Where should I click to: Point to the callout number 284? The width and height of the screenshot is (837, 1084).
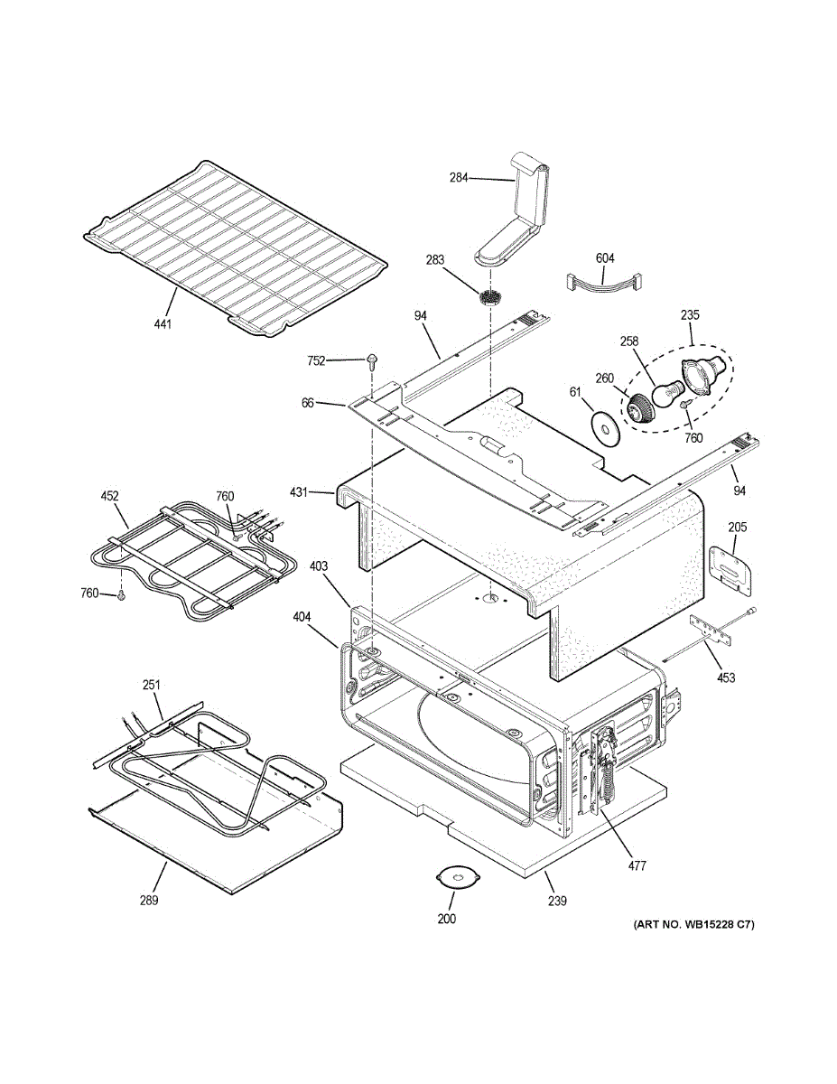pyautogui.click(x=459, y=178)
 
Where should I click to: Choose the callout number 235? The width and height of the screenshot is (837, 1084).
pyautogui.click(x=690, y=316)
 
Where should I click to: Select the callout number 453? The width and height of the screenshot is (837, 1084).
pyautogui.click(x=726, y=677)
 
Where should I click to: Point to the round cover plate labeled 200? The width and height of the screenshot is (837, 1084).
pyautogui.click(x=460, y=877)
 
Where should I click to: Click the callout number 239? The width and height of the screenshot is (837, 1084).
pyautogui.click(x=557, y=900)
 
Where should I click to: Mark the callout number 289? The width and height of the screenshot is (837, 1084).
pyautogui.click(x=149, y=900)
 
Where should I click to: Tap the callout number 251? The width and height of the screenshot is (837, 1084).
pyautogui.click(x=151, y=686)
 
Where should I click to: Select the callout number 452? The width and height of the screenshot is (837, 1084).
pyautogui.click(x=109, y=496)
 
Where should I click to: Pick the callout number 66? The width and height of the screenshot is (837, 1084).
pyautogui.click(x=308, y=403)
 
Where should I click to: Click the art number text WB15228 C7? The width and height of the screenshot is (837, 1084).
pyautogui.click(x=693, y=924)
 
